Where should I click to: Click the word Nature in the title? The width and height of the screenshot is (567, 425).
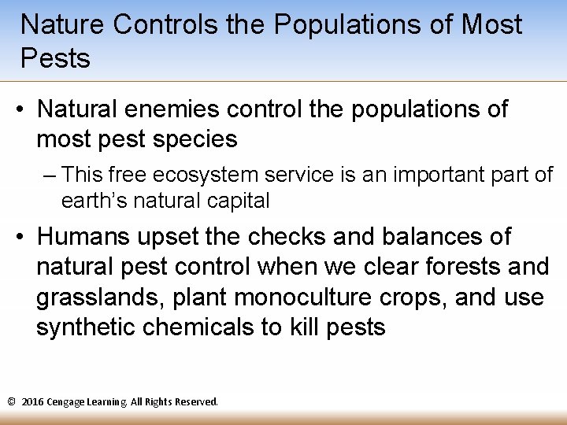tap(62, 25)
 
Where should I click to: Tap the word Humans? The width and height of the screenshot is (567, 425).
tap(81, 237)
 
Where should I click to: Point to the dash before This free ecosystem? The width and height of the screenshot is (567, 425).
tap(50, 175)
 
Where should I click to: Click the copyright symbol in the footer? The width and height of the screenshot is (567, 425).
tap(11, 402)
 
